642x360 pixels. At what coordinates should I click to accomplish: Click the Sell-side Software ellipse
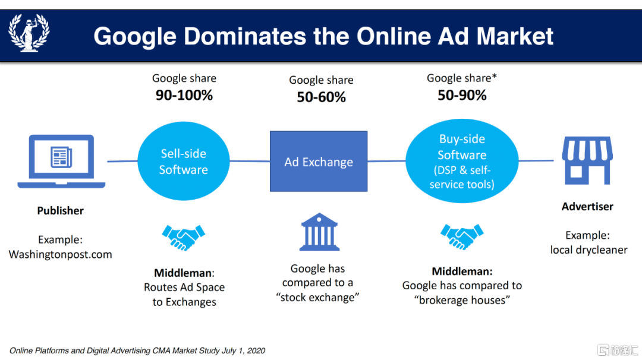coord(184,161)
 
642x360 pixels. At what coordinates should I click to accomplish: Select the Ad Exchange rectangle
coord(319,161)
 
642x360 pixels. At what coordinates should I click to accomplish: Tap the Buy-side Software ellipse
coord(462,161)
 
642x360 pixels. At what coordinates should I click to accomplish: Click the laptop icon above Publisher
coord(61,161)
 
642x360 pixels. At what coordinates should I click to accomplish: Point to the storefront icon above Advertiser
coord(587,160)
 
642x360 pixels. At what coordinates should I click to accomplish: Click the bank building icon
coord(319,232)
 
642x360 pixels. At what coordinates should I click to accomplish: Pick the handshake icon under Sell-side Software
coord(184,237)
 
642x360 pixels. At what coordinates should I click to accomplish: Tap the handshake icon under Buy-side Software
coord(462,236)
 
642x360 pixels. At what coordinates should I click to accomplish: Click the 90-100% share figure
coord(184,95)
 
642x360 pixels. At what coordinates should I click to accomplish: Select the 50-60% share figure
coord(322,97)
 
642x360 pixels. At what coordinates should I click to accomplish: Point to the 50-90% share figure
coord(462,95)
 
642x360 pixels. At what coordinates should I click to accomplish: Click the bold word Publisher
coord(60,211)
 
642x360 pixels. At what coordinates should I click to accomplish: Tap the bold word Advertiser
coord(587,207)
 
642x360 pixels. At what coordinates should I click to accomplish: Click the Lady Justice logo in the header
coord(29,33)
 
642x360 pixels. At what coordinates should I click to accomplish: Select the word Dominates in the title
coord(245,36)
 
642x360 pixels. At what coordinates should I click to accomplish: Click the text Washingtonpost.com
coord(60,254)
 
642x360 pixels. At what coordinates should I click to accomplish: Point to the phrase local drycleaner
coord(588,250)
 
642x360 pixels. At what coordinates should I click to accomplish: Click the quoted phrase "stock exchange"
coord(317,298)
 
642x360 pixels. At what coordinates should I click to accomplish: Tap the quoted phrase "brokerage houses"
coord(462,300)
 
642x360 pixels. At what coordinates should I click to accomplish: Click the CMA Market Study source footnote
coord(137,350)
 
